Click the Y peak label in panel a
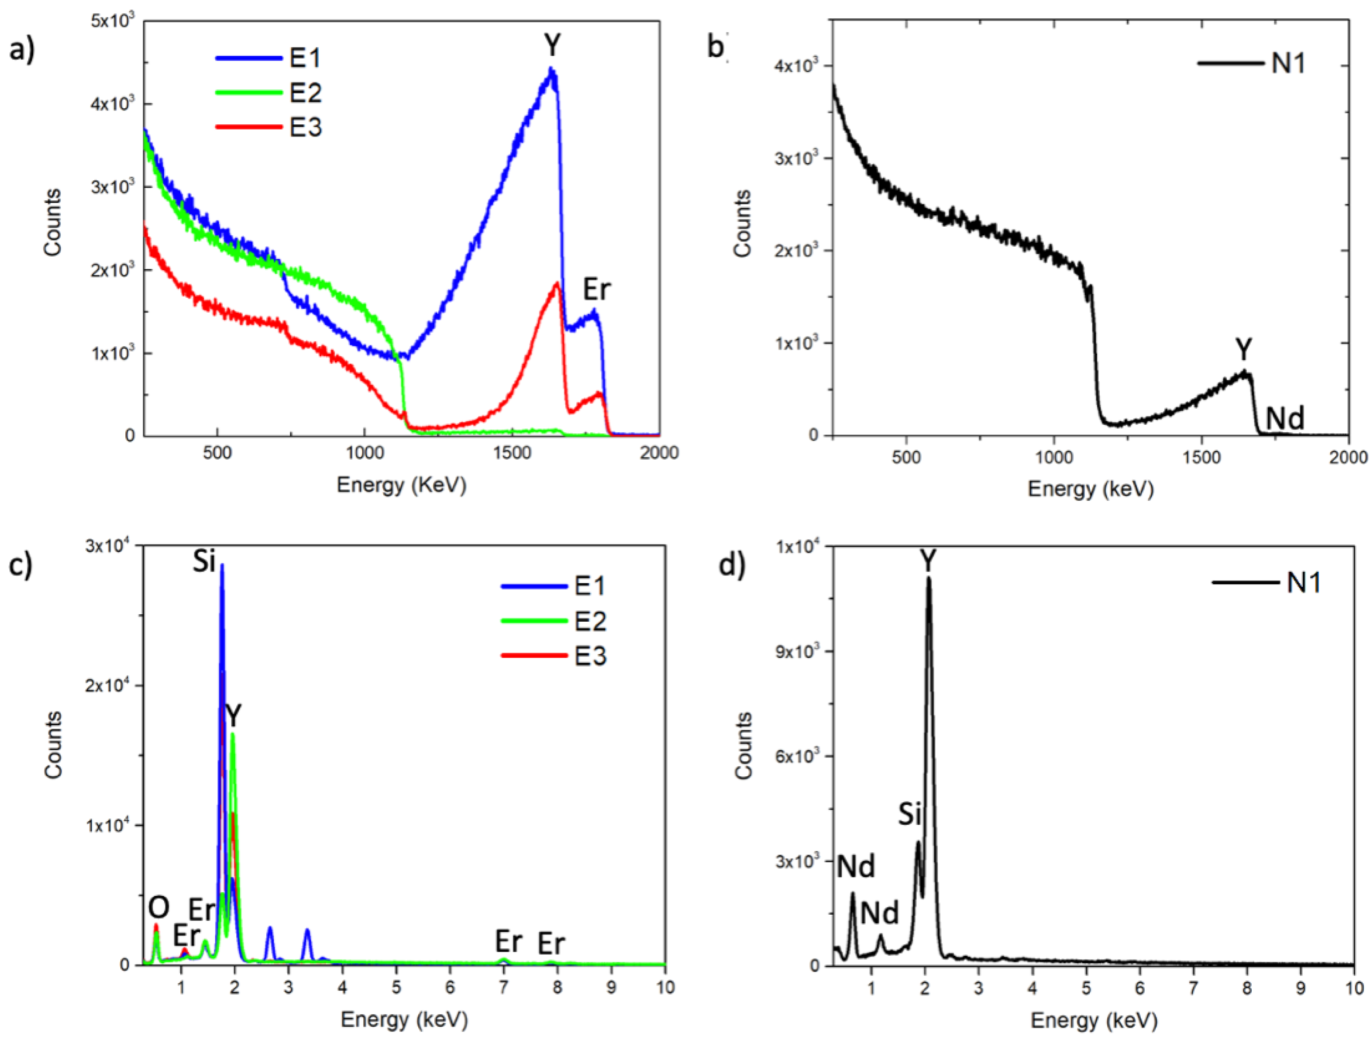(552, 45)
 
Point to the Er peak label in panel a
(596, 289)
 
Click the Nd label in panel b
(1284, 418)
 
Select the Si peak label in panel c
(204, 561)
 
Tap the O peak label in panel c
(158, 908)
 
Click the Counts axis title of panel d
(743, 745)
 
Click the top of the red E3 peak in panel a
(557, 284)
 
